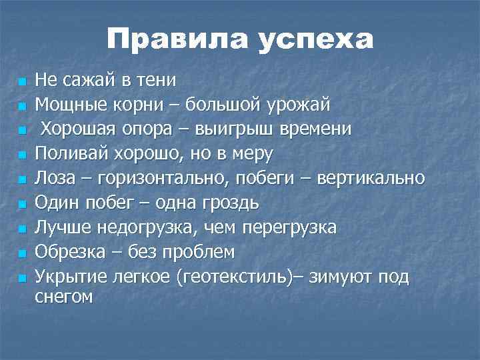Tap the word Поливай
tap(69, 153)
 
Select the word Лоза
tap(55, 178)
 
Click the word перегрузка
tap(291, 227)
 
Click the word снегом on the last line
tap(64, 297)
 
